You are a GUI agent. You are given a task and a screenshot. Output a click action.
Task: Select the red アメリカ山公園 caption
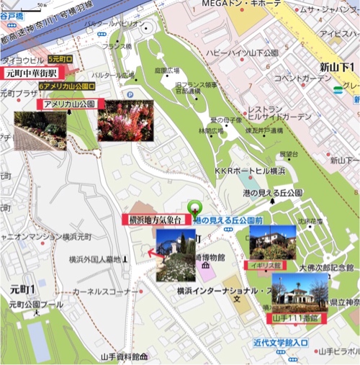coord(72,104)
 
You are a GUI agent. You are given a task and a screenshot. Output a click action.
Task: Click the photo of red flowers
coord(125,120)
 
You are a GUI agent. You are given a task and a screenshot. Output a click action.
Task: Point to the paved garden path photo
coord(40,130)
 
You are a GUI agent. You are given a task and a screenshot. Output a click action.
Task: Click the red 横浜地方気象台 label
coord(156,220)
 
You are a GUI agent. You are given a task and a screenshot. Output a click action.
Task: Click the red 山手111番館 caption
coord(296,317)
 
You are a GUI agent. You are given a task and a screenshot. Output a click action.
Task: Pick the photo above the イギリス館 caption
coord(272,243)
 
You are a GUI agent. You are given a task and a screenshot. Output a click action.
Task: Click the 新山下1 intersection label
coord(335,67)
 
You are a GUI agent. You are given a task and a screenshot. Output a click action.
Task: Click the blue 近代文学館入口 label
coord(281,343)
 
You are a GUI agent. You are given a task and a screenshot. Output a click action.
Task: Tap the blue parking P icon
coord(130,94)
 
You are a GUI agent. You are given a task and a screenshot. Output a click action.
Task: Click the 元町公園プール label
coord(35,305)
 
